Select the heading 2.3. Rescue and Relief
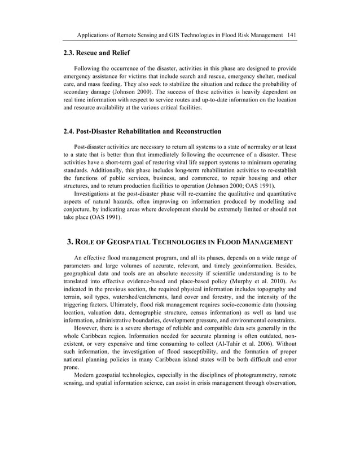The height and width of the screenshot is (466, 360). click(x=96, y=54)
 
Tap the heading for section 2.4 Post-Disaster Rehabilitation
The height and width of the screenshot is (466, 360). click(x=142, y=131)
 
